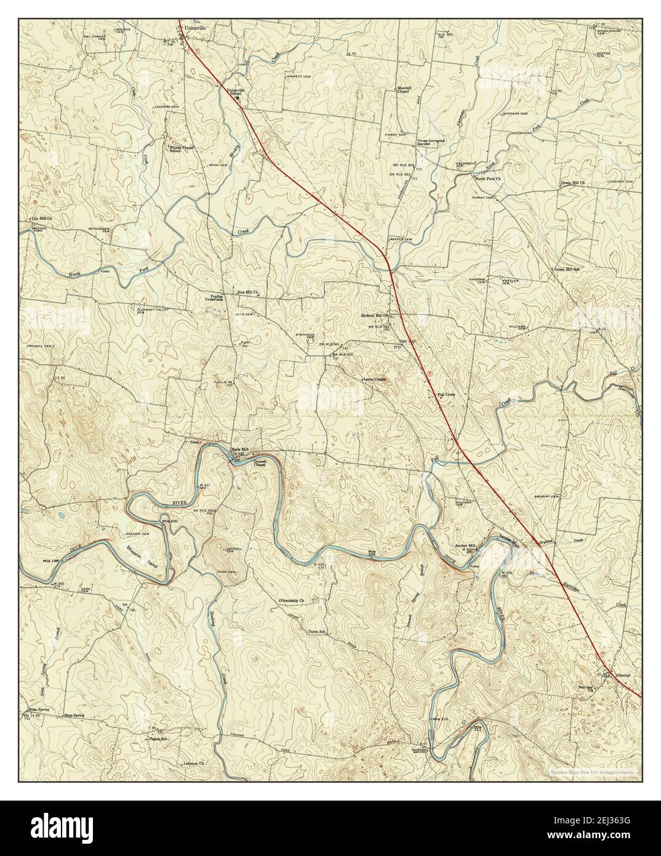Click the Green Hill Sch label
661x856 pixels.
click(568, 269)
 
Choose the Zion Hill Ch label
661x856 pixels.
click(247, 293)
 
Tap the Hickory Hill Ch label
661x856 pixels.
click(375, 315)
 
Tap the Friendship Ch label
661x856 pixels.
click(292, 600)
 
